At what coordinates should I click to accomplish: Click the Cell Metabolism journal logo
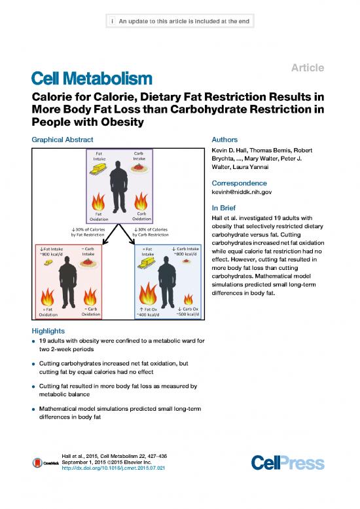click(92, 79)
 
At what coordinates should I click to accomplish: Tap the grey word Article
click(308, 67)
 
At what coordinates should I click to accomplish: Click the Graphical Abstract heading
click(62, 140)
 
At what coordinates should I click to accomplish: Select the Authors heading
click(225, 140)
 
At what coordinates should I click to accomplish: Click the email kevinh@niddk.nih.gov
click(242, 192)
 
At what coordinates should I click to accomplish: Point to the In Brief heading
click(223, 208)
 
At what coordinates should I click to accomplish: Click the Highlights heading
click(48, 331)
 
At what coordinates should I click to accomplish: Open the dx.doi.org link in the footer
click(113, 468)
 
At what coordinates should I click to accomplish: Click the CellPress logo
click(287, 462)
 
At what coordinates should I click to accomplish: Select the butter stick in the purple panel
click(98, 169)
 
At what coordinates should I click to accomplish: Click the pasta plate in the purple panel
click(139, 168)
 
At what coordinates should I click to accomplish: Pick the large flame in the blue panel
click(147, 293)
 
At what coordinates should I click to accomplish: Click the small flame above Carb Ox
click(188, 299)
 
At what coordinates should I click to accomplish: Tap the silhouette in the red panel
click(68, 282)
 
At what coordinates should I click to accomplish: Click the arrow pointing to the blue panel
click(127, 234)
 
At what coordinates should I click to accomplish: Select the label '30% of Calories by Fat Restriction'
click(88, 232)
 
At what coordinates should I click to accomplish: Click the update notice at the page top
click(180, 21)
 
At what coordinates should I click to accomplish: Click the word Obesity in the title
click(122, 122)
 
